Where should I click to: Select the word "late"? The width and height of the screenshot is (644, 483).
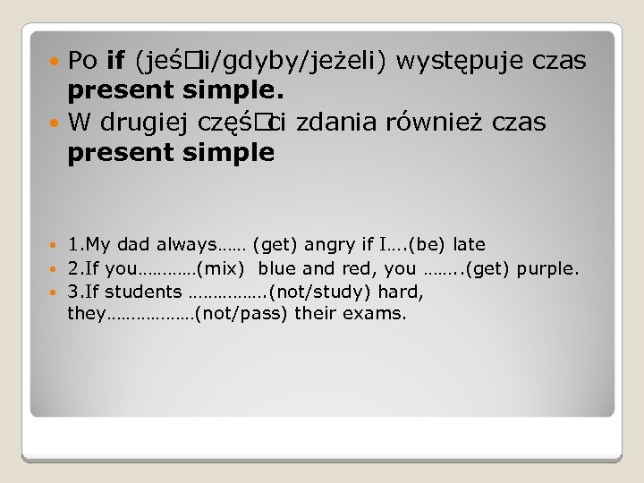(470, 244)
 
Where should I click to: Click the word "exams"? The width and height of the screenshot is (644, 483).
(381, 314)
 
